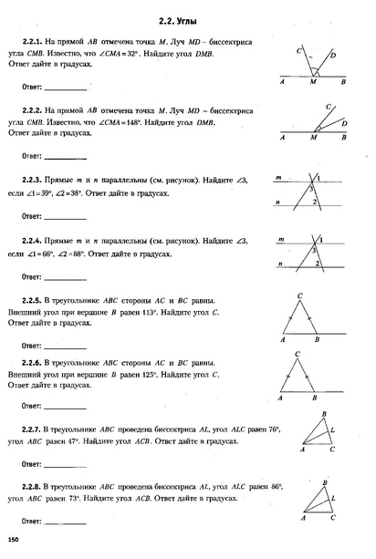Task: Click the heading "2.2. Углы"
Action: click(x=187, y=17)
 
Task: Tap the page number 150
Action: click(x=13, y=543)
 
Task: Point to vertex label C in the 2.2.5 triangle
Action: click(x=299, y=294)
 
